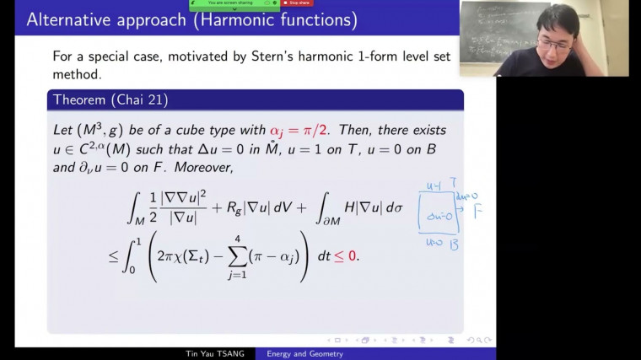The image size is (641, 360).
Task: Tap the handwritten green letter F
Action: pyautogui.click(x=477, y=210)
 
